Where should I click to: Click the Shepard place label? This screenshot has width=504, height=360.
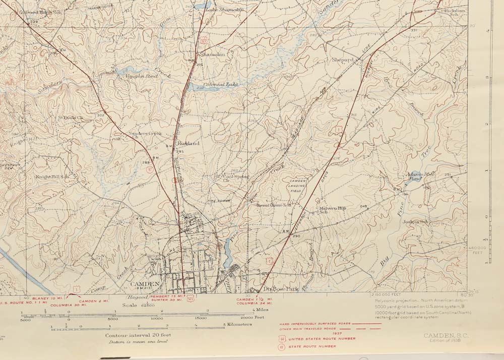pyautogui.click(x=343, y=59)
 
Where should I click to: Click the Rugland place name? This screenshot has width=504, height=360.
pyautogui.click(x=188, y=144)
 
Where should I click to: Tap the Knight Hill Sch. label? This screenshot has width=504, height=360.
pyautogui.click(x=51, y=177)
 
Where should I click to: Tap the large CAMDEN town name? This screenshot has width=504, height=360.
pyautogui.click(x=145, y=284)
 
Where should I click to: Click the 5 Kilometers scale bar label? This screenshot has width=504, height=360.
pyautogui.click(x=238, y=324)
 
